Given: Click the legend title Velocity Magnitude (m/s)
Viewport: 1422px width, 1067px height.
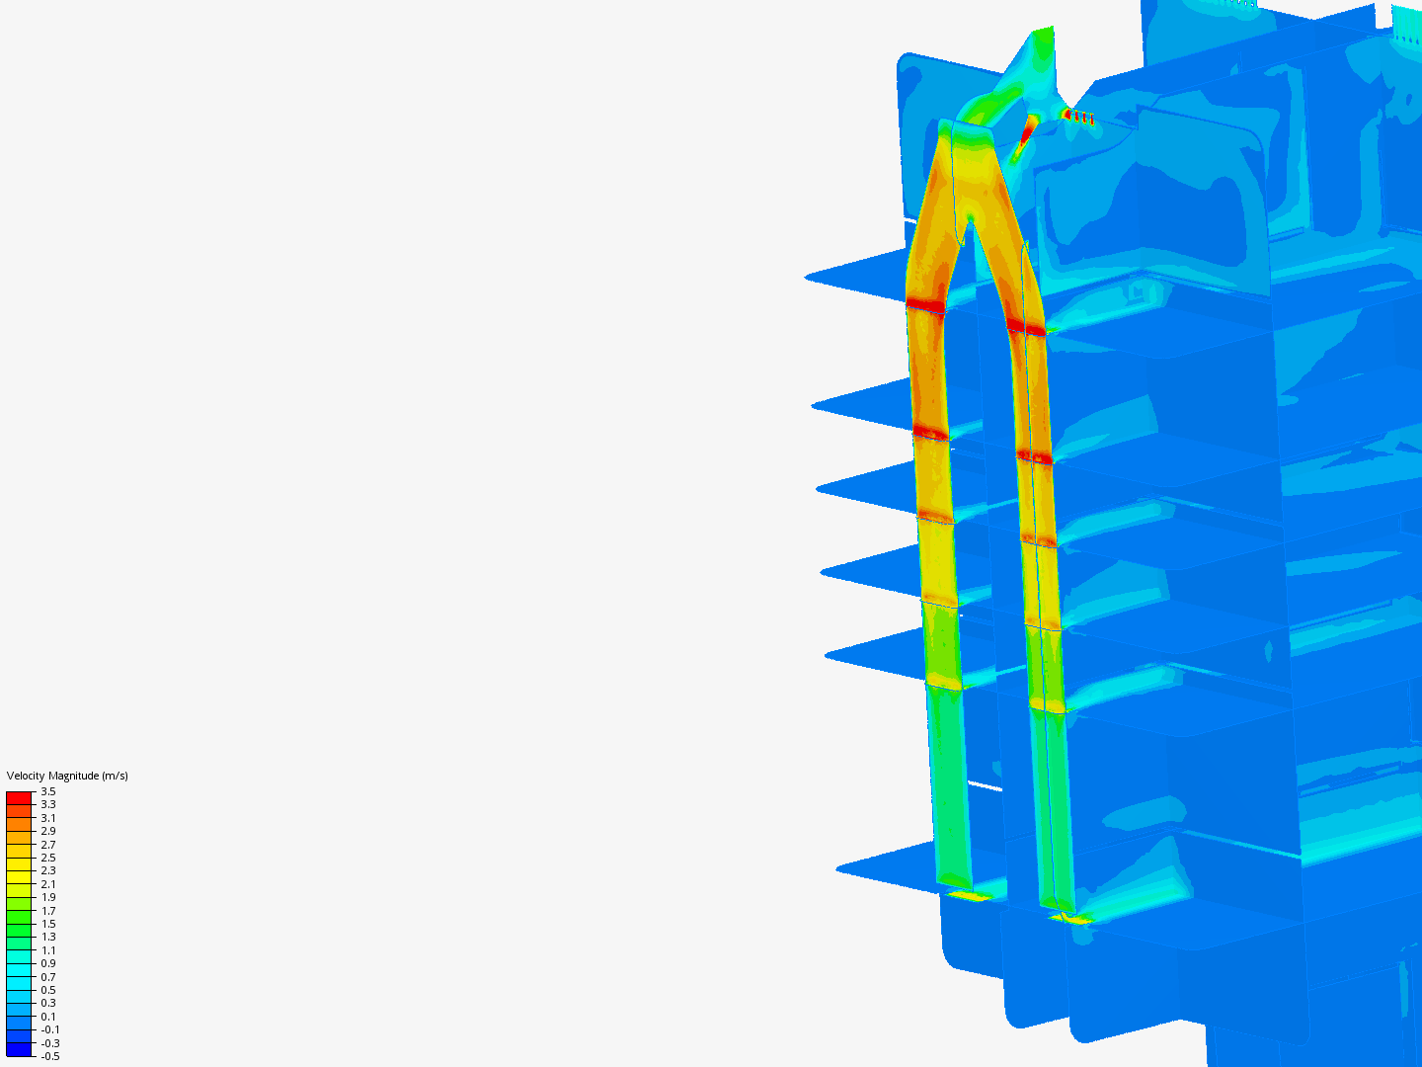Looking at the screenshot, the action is point(67,776).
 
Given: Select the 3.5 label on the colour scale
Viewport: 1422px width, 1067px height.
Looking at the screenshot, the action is point(48,791).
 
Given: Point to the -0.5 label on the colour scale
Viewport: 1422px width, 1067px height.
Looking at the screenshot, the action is point(50,1057).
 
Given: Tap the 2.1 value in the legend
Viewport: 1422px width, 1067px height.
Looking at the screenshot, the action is point(48,884).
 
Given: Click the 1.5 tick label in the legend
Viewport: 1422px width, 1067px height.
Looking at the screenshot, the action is point(48,924).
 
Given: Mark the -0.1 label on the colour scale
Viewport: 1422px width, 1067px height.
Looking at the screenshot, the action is point(50,1030).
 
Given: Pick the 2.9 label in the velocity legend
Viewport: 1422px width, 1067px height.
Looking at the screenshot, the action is point(48,831).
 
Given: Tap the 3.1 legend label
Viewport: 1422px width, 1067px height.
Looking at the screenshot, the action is point(48,818).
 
